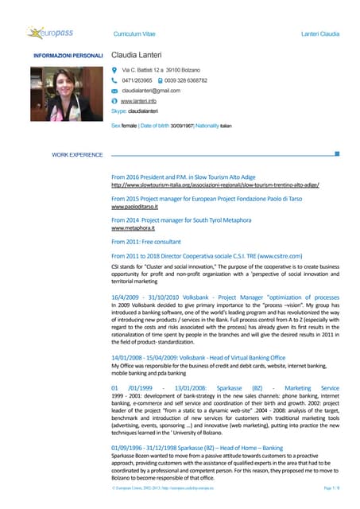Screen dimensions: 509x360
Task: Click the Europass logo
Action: click(x=51, y=33)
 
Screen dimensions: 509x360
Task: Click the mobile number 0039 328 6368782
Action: click(x=186, y=80)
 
